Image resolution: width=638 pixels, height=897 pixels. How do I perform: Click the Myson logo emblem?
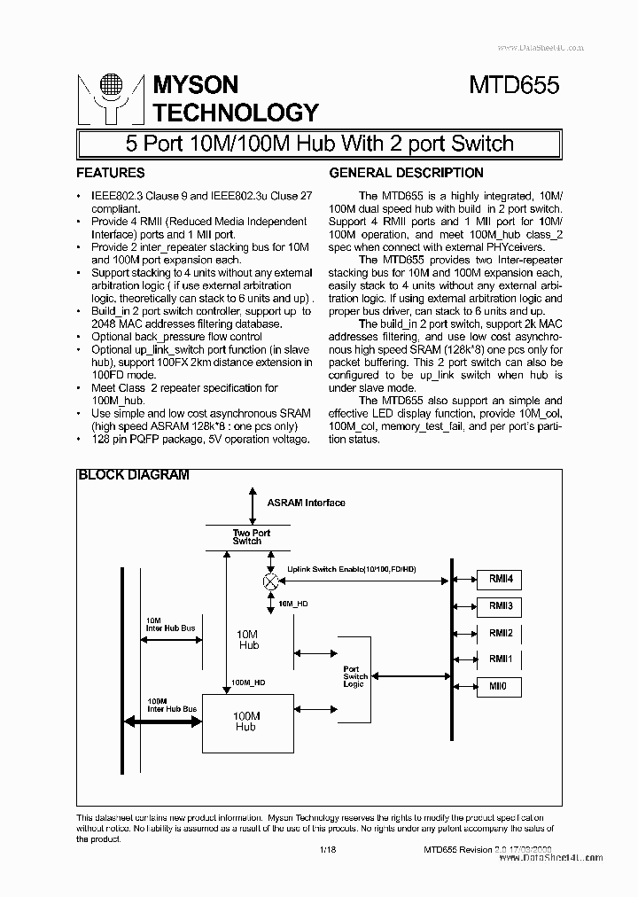[x=110, y=97]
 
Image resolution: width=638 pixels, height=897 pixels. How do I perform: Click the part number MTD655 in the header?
[x=514, y=86]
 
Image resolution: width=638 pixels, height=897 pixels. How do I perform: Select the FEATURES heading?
[x=110, y=173]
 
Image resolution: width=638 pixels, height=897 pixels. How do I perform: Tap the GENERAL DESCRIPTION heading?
[x=406, y=173]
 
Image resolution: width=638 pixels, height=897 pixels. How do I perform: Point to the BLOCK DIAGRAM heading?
[x=134, y=475]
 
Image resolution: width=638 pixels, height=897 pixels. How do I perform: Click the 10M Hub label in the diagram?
[x=249, y=640]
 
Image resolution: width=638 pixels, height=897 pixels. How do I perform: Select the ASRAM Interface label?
[x=306, y=503]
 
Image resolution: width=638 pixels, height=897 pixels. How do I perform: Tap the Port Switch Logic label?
[x=354, y=676]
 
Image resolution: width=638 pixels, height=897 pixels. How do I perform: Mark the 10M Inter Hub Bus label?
[x=169, y=624]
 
